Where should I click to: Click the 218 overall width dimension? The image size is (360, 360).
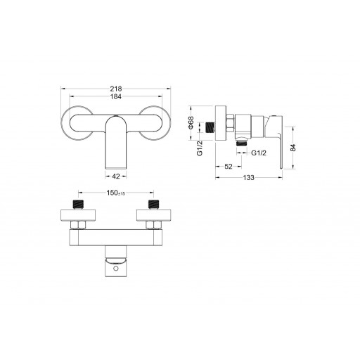[x=116, y=89]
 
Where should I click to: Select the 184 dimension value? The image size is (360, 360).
[x=116, y=96]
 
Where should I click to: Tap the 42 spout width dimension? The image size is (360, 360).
[x=116, y=176]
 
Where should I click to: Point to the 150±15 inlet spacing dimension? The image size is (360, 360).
[x=116, y=193]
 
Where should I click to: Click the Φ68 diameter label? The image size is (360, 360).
[x=191, y=122]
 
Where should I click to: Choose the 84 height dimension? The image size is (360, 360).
[x=293, y=148]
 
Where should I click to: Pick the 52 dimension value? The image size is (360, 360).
[x=229, y=167]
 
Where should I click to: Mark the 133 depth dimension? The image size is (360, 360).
[x=248, y=178]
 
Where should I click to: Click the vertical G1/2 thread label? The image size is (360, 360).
[x=200, y=148]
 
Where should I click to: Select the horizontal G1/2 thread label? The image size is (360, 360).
[x=259, y=153]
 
